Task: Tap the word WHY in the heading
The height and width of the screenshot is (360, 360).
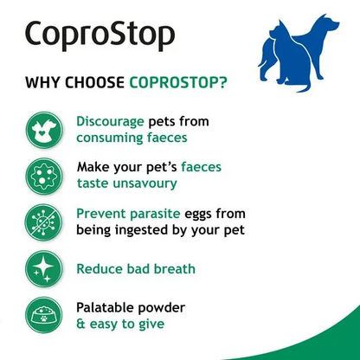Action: coord(43,84)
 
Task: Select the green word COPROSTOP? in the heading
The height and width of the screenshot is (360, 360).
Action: coord(179,84)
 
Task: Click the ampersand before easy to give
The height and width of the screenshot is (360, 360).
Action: coord(80,325)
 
